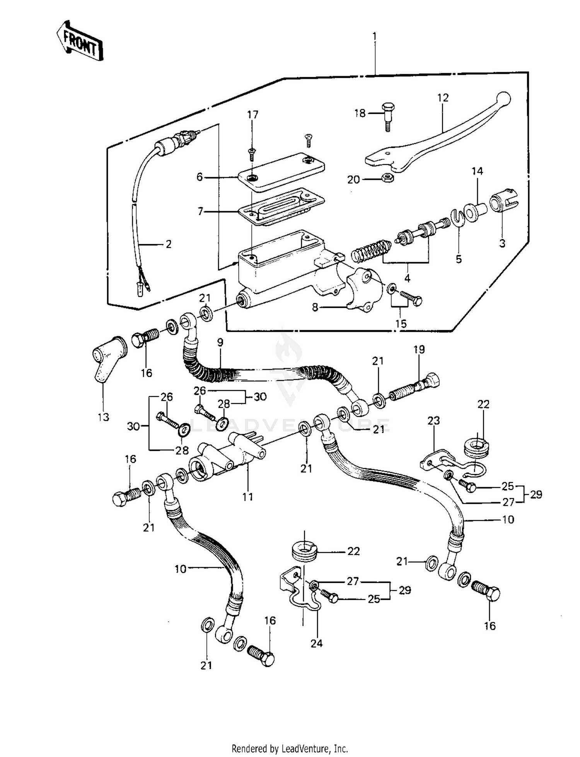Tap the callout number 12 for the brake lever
(443, 98)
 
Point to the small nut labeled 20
(387, 178)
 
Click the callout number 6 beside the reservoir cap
(200, 177)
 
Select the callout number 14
(477, 171)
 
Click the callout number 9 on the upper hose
(220, 342)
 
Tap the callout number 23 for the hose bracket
(433, 420)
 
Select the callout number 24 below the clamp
(316, 643)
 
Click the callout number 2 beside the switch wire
(168, 244)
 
